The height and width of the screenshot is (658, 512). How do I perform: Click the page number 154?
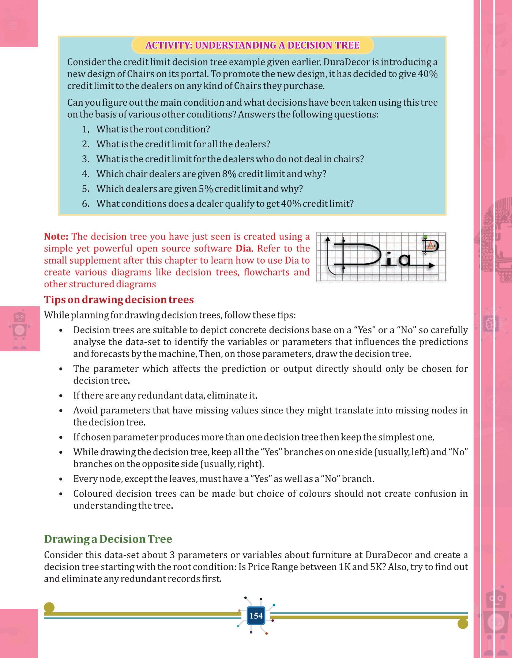(x=256, y=616)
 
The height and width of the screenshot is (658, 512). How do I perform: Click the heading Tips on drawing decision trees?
(x=119, y=300)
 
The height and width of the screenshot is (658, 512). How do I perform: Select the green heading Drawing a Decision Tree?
(x=108, y=539)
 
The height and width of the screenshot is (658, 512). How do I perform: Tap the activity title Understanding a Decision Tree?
(x=252, y=45)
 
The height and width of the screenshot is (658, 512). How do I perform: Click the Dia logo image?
(x=381, y=257)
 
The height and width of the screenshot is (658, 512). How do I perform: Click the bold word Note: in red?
(x=56, y=237)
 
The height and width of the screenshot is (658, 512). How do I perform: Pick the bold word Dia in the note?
(x=243, y=249)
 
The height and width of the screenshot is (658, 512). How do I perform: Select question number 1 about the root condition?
(x=153, y=129)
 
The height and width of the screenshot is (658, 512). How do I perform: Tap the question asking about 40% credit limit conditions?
(x=225, y=204)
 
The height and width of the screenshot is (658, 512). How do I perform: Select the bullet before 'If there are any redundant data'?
(x=61, y=396)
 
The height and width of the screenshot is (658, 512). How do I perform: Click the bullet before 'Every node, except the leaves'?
(x=61, y=479)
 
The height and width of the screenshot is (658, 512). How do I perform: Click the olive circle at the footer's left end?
(x=49, y=608)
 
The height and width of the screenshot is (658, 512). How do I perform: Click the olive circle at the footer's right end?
(x=463, y=624)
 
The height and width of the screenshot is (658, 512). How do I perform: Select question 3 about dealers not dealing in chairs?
(x=230, y=159)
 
